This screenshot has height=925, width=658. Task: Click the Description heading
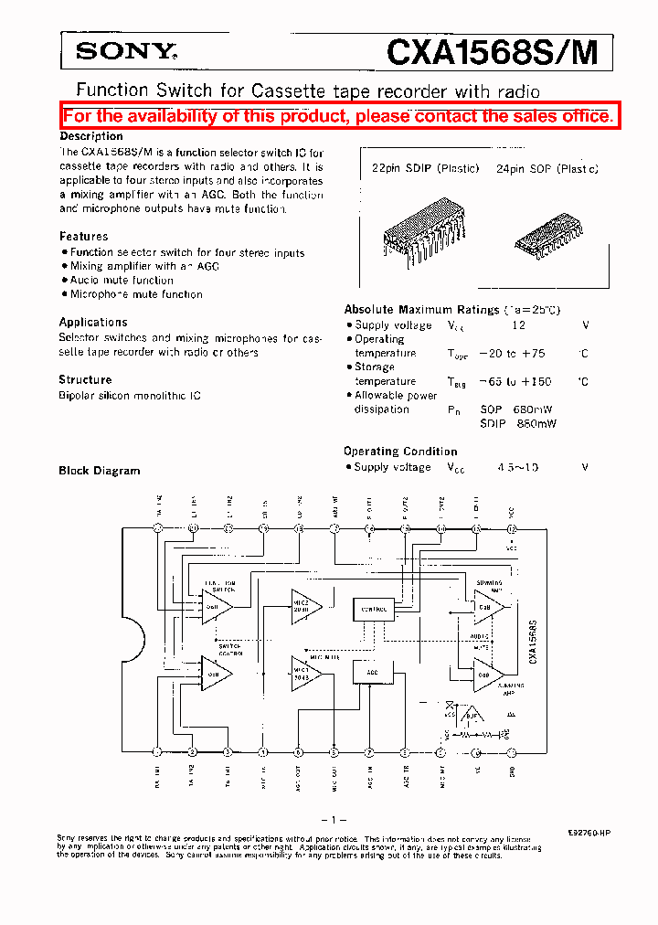point(91,136)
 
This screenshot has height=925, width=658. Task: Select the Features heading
point(84,236)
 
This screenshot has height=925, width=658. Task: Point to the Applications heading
point(93,322)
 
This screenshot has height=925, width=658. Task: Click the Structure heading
point(85,379)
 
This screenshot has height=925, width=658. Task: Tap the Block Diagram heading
point(100,471)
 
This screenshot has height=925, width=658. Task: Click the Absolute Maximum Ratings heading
point(421,310)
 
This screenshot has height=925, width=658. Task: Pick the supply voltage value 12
point(518,325)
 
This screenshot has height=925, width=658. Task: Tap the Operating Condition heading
point(400,451)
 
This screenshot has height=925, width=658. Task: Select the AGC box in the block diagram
point(371,672)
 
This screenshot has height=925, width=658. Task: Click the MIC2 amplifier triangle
point(304,604)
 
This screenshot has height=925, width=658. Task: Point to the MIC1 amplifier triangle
point(304,673)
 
